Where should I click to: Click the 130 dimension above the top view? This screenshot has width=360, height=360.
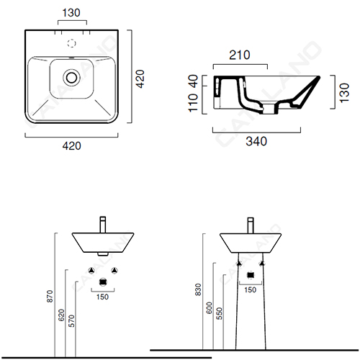coord(71,13)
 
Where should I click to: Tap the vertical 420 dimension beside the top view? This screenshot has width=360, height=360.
coord(140,79)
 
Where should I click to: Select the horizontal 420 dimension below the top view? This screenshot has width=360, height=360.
coord(72,146)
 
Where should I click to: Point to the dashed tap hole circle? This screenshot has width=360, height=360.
coord(71,43)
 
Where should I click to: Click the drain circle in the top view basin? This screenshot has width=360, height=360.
coord(71,78)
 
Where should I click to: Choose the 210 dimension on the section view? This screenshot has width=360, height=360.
coord(240,55)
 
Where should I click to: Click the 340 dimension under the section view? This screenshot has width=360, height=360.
coord(256,141)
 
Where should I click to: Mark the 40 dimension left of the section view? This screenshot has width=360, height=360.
coord(193,81)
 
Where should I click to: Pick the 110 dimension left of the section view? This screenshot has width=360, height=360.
coord(193,103)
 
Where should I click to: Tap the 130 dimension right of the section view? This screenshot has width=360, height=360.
coord(344,93)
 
